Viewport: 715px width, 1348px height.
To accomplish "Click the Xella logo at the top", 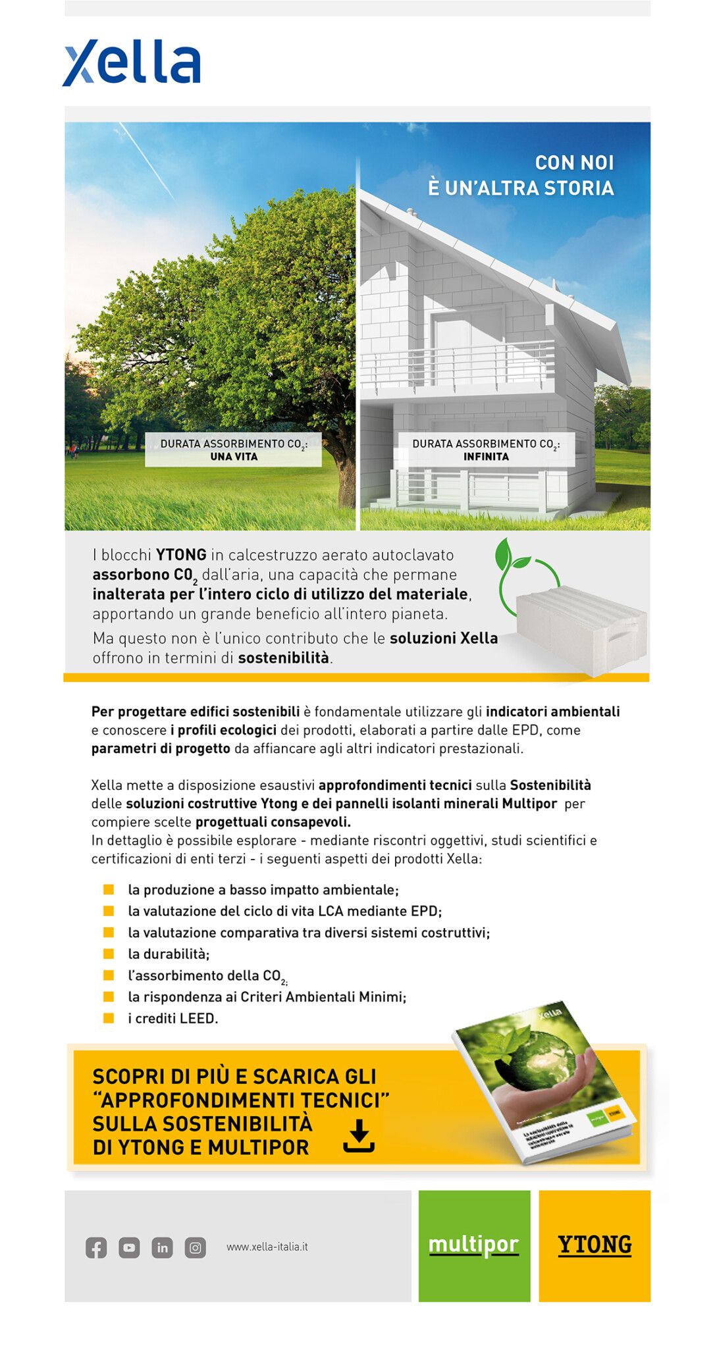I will [x=132, y=63].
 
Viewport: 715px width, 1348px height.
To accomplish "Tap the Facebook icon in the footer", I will [x=96, y=1247].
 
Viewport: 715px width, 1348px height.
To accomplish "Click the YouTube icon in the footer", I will [x=129, y=1247].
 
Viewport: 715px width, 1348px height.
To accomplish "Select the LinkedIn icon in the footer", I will [x=162, y=1247].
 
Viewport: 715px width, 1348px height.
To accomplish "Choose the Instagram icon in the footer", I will [x=195, y=1247].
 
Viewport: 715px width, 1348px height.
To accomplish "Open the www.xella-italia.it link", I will [x=267, y=1247].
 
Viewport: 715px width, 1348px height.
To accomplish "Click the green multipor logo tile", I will [x=474, y=1245].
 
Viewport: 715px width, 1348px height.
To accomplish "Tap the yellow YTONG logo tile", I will [x=595, y=1245].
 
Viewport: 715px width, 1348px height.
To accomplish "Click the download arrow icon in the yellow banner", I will [x=359, y=1136].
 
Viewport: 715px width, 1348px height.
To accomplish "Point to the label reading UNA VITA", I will [x=234, y=457].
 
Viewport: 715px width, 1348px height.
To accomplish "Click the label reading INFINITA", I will [x=486, y=457].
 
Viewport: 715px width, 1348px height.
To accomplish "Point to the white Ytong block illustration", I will [x=579, y=629].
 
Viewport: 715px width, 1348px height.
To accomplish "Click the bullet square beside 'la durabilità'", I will [x=109, y=954].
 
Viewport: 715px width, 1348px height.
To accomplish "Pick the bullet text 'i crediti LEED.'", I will [x=172, y=1018].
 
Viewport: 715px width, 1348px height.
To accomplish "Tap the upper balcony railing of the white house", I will [x=461, y=365].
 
